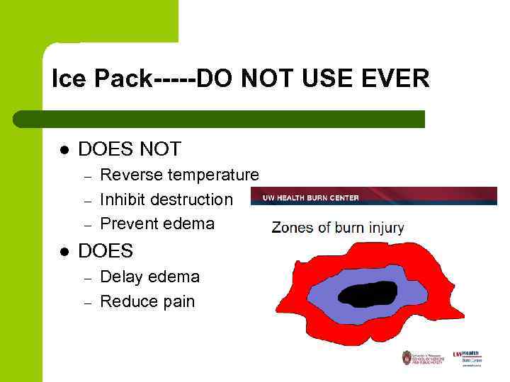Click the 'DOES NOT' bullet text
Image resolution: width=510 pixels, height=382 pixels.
pos(130,149)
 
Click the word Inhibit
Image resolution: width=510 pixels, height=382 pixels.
pos(123,199)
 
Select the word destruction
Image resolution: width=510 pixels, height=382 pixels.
pos(191,199)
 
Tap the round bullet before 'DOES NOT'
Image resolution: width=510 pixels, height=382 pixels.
pos(64,150)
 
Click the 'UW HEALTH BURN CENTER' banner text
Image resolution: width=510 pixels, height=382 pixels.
pos(311,197)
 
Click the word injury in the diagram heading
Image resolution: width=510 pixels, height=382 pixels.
pos(383,228)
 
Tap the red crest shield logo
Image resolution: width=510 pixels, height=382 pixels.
pos(407,357)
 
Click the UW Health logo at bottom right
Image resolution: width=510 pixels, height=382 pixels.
pos(467,357)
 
